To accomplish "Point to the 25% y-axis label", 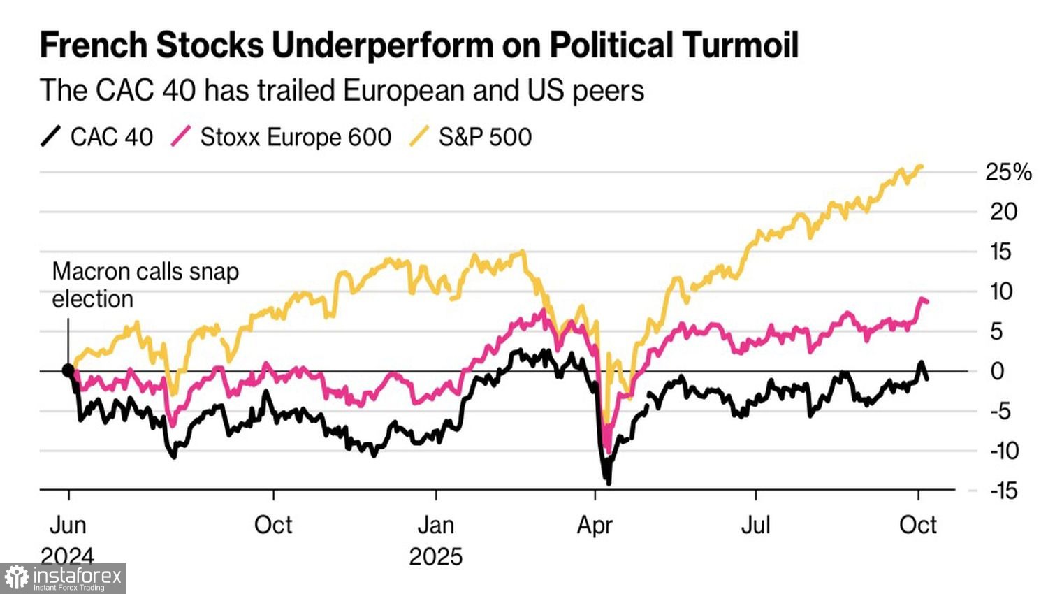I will point(1007,172).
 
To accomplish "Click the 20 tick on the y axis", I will point(1003,212).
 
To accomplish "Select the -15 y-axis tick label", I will point(1004,491).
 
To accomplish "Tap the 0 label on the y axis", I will point(998,371).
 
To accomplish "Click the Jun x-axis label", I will point(68,525).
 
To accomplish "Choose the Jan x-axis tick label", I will point(435,525).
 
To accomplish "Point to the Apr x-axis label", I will point(595,525).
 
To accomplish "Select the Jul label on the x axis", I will point(755,525).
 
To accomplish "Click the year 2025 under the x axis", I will point(435,557).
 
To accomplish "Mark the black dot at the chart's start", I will point(68,371).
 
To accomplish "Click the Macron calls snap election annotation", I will point(145,285).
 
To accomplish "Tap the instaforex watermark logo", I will point(63,578).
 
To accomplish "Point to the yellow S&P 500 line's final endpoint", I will point(922,166).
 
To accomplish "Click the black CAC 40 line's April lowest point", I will point(609,482).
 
